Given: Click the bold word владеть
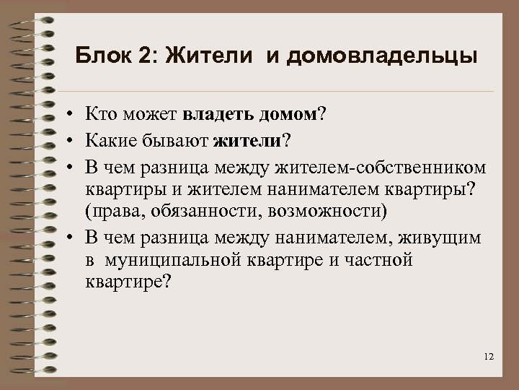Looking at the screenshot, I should pyautogui.click(x=218, y=113).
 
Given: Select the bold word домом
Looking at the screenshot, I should pyautogui.click(x=289, y=113).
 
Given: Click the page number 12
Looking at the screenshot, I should pyautogui.click(x=489, y=357).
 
